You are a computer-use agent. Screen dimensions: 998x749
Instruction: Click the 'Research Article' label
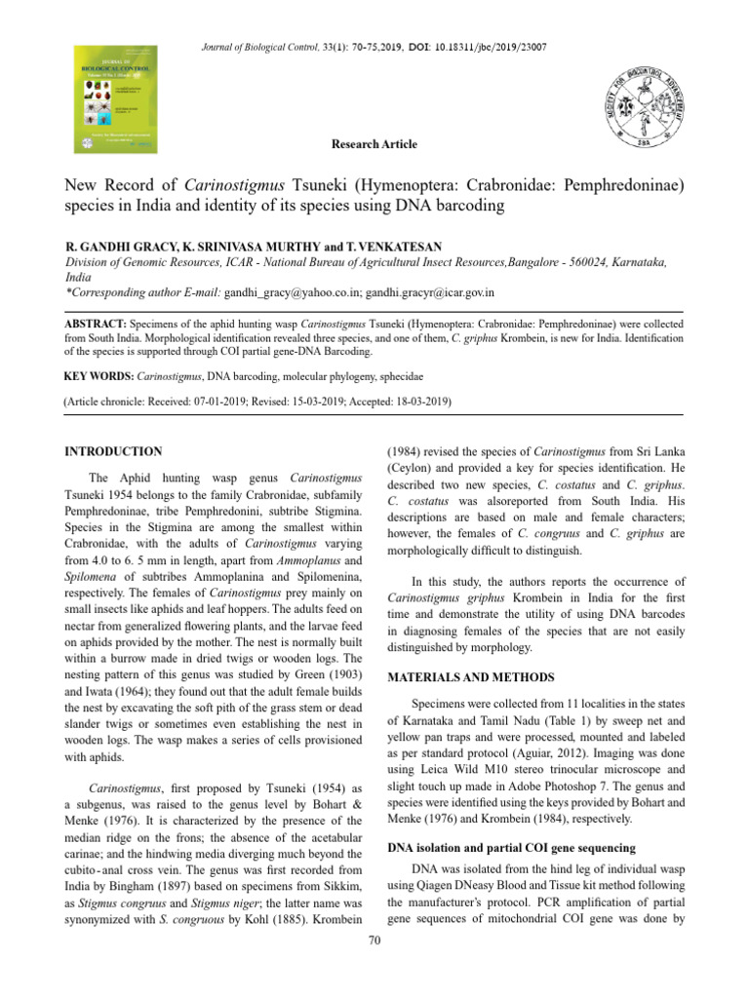click(x=374, y=144)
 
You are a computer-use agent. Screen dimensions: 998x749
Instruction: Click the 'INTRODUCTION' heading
click(x=113, y=451)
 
